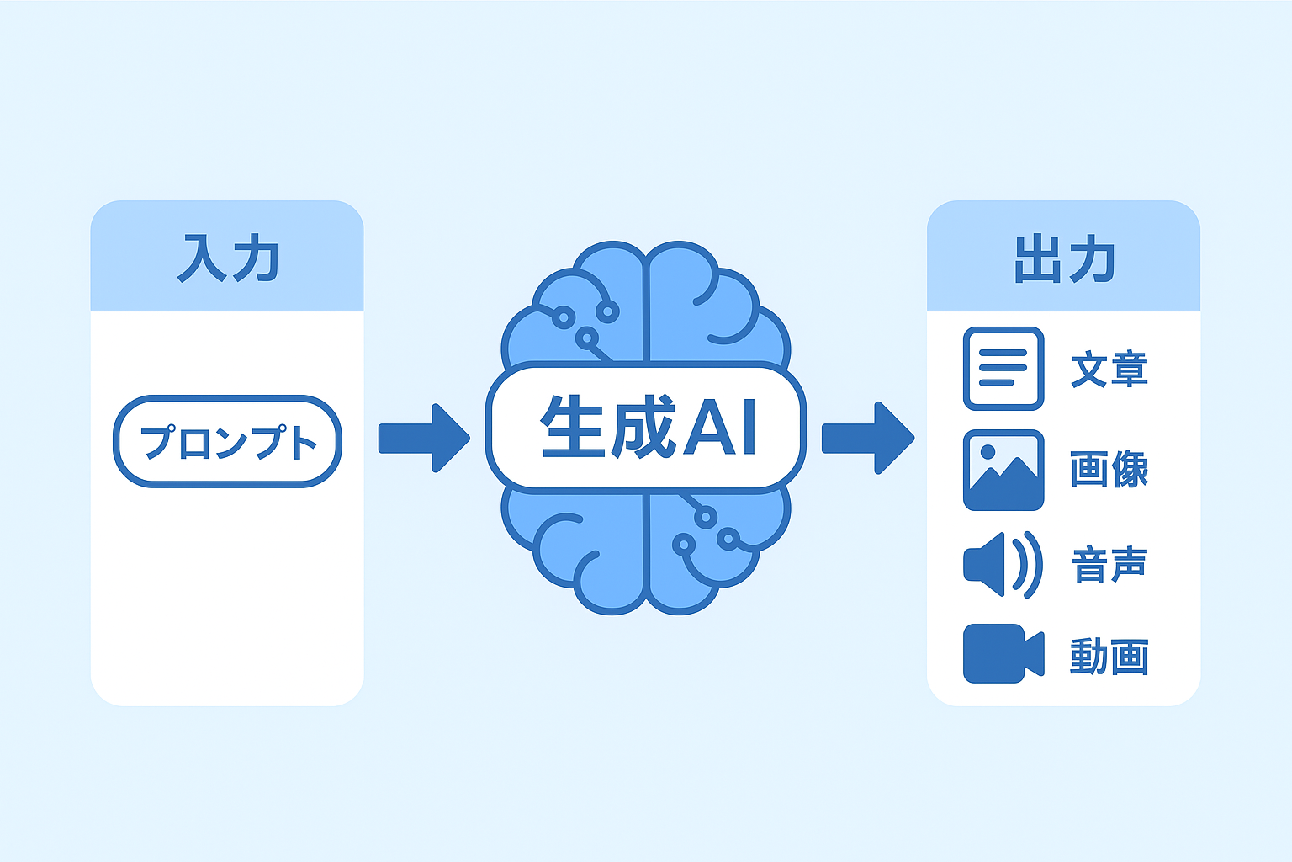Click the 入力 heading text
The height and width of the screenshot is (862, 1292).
tap(229, 258)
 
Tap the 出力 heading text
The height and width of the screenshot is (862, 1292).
tap(1065, 258)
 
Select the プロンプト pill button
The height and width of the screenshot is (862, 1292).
tap(228, 442)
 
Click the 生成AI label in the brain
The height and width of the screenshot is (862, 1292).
tap(649, 427)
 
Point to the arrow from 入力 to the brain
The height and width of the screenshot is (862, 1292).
tap(424, 439)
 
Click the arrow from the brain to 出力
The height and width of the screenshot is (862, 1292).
tap(868, 439)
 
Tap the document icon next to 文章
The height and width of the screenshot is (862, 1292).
tap(1003, 369)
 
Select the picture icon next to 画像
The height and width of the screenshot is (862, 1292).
tap(1003, 470)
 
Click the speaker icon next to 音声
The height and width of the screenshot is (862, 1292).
tap(1003, 565)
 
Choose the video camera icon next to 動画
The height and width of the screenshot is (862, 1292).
tap(1003, 653)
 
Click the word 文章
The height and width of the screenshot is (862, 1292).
tap(1109, 369)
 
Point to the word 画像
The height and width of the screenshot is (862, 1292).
tap(1109, 470)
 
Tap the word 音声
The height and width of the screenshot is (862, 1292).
tap(1109, 565)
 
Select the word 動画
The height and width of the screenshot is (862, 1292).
tap(1109, 657)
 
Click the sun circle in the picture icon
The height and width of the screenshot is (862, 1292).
tap(988, 452)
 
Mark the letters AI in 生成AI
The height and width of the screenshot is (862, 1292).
tap(719, 428)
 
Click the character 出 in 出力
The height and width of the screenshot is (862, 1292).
tap(1037, 258)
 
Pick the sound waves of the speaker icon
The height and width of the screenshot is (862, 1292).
tap(1028, 565)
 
